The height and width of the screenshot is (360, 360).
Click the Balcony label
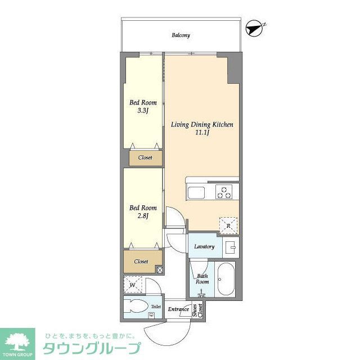(181, 35)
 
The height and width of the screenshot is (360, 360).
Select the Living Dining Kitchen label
(202, 124)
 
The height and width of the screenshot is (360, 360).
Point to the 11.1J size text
(202, 133)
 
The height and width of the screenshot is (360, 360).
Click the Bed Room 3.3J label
(143, 102)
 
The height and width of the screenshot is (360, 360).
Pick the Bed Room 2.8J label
(143, 208)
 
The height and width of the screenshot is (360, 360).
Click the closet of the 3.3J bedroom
(145, 157)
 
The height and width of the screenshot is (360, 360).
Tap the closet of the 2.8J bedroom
(141, 261)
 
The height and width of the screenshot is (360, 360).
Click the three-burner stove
(225, 192)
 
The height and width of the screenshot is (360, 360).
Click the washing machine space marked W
(133, 285)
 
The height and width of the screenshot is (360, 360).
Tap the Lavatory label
(204, 246)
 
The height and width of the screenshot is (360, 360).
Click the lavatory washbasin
(230, 246)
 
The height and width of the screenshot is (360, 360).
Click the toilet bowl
(136, 308)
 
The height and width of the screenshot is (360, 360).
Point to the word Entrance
(178, 309)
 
